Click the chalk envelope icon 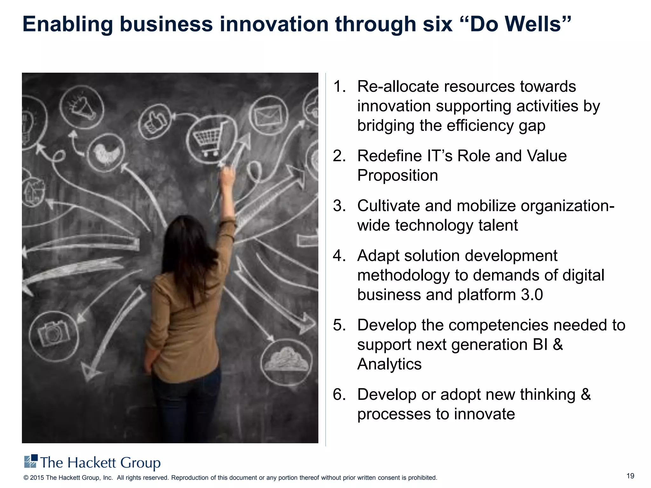point(269,115)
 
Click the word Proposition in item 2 point(397,176)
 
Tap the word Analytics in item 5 point(389,364)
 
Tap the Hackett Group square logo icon point(31,461)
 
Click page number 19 point(630,476)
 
